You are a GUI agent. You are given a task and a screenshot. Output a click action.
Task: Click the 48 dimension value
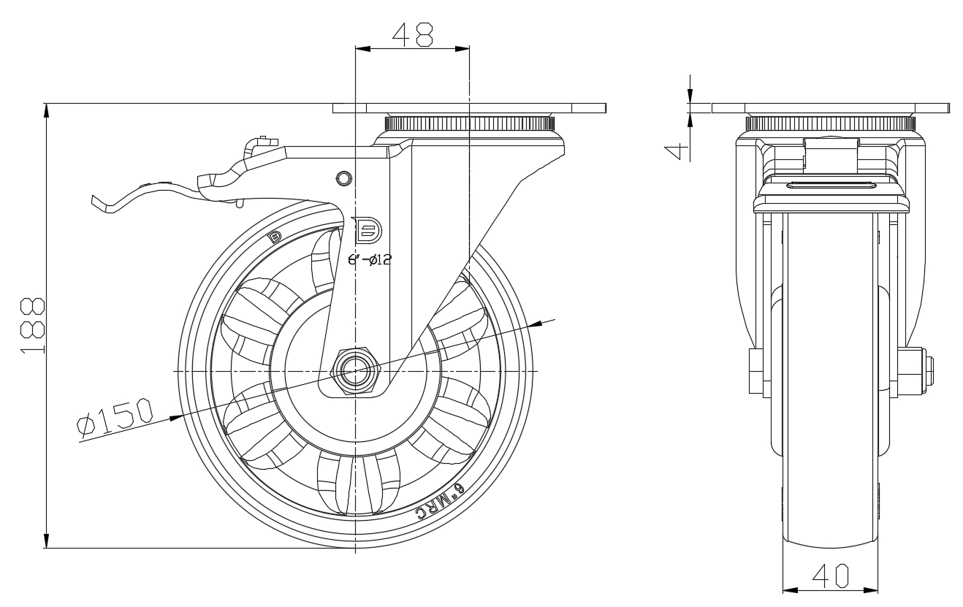[412, 34]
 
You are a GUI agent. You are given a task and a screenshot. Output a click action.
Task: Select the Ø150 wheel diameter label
[115, 417]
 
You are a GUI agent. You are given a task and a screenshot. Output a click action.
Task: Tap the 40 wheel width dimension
[830, 576]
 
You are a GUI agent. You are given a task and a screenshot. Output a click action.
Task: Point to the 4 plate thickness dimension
[679, 149]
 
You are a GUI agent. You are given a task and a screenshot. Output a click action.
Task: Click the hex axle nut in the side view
[355, 371]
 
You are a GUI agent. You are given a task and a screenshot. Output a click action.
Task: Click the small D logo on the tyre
[275, 236]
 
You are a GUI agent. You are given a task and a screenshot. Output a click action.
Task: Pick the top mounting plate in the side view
[469, 108]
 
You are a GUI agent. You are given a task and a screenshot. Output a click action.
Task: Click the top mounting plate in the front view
[830, 108]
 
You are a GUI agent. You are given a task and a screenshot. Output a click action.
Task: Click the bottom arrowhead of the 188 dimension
[46, 541]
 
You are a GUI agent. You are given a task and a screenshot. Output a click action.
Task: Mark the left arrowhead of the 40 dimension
[788, 589]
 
